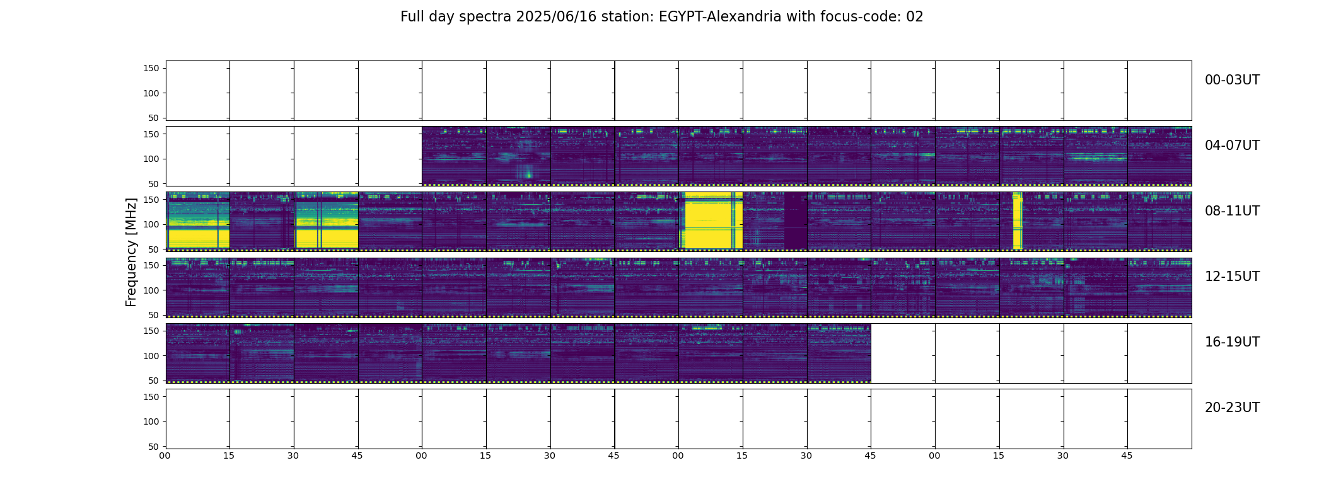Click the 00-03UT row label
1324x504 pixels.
[1232, 80]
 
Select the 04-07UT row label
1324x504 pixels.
[1232, 146]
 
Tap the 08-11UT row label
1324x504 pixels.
[1232, 211]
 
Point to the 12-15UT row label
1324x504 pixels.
[1232, 277]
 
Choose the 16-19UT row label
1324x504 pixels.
[1232, 342]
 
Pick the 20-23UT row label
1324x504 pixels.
[1232, 408]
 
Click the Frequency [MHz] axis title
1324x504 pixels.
[131, 253]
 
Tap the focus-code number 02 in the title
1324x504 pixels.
[915, 17]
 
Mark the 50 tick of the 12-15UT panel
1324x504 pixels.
[153, 315]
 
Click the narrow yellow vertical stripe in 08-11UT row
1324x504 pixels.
[1017, 220]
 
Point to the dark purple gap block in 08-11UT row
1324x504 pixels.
[796, 220]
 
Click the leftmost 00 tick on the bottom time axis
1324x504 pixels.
[165, 455]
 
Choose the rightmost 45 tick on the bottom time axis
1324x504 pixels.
[1127, 455]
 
